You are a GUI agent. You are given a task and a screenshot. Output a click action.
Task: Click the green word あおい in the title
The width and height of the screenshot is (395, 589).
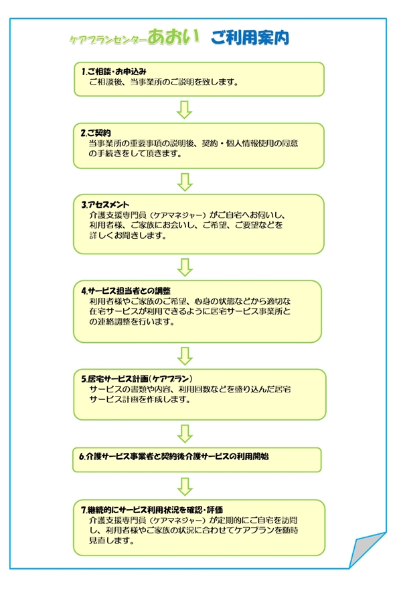(x=173, y=36)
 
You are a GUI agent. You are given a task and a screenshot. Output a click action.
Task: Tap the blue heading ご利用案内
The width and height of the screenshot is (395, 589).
(x=250, y=38)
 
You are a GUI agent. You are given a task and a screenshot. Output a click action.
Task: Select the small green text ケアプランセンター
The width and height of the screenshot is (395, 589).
(x=108, y=40)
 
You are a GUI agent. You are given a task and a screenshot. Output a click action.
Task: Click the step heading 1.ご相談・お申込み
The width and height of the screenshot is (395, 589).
(x=114, y=71)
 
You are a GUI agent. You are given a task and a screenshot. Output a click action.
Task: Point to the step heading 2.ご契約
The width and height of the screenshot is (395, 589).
(x=96, y=133)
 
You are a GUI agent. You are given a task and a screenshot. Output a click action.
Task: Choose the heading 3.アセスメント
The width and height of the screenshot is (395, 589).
(x=105, y=205)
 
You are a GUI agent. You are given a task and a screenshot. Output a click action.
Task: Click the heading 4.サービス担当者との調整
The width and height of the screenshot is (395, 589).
(x=126, y=290)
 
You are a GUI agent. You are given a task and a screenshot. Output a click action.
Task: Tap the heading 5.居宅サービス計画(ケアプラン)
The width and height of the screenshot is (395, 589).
(x=137, y=378)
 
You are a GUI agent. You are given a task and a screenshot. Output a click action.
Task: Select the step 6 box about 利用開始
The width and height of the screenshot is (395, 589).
(x=197, y=460)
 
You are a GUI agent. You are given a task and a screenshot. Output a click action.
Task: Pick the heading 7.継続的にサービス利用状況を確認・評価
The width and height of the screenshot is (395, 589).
(x=152, y=510)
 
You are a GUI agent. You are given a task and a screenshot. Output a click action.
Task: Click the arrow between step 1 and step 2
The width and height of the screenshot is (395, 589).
(x=184, y=110)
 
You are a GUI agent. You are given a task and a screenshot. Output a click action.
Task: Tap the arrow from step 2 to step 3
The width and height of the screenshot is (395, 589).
(x=185, y=182)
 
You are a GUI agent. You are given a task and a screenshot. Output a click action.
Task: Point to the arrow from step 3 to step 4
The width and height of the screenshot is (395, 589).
(x=185, y=267)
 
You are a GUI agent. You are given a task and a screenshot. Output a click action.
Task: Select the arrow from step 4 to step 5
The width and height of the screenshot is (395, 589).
(x=185, y=356)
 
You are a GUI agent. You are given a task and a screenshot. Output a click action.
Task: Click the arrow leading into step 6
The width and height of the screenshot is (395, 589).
(x=185, y=434)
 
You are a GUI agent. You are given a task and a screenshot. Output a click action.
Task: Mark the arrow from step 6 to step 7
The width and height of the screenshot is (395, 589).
(x=185, y=487)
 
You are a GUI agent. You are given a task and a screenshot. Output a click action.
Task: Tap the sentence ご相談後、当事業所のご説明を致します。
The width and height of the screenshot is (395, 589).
(x=164, y=82)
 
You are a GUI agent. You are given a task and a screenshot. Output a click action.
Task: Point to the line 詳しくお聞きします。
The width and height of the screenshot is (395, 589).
(x=128, y=235)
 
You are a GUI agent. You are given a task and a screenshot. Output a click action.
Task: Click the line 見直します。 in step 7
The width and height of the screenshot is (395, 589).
(x=111, y=541)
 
